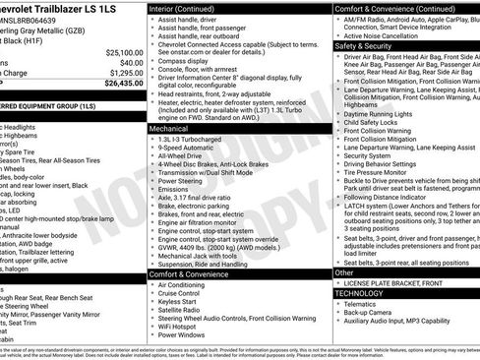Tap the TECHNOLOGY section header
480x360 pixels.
(x=358, y=293)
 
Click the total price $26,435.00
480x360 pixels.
(x=123, y=84)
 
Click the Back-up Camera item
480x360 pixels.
(x=376, y=314)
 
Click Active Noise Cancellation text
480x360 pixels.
(x=393, y=34)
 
